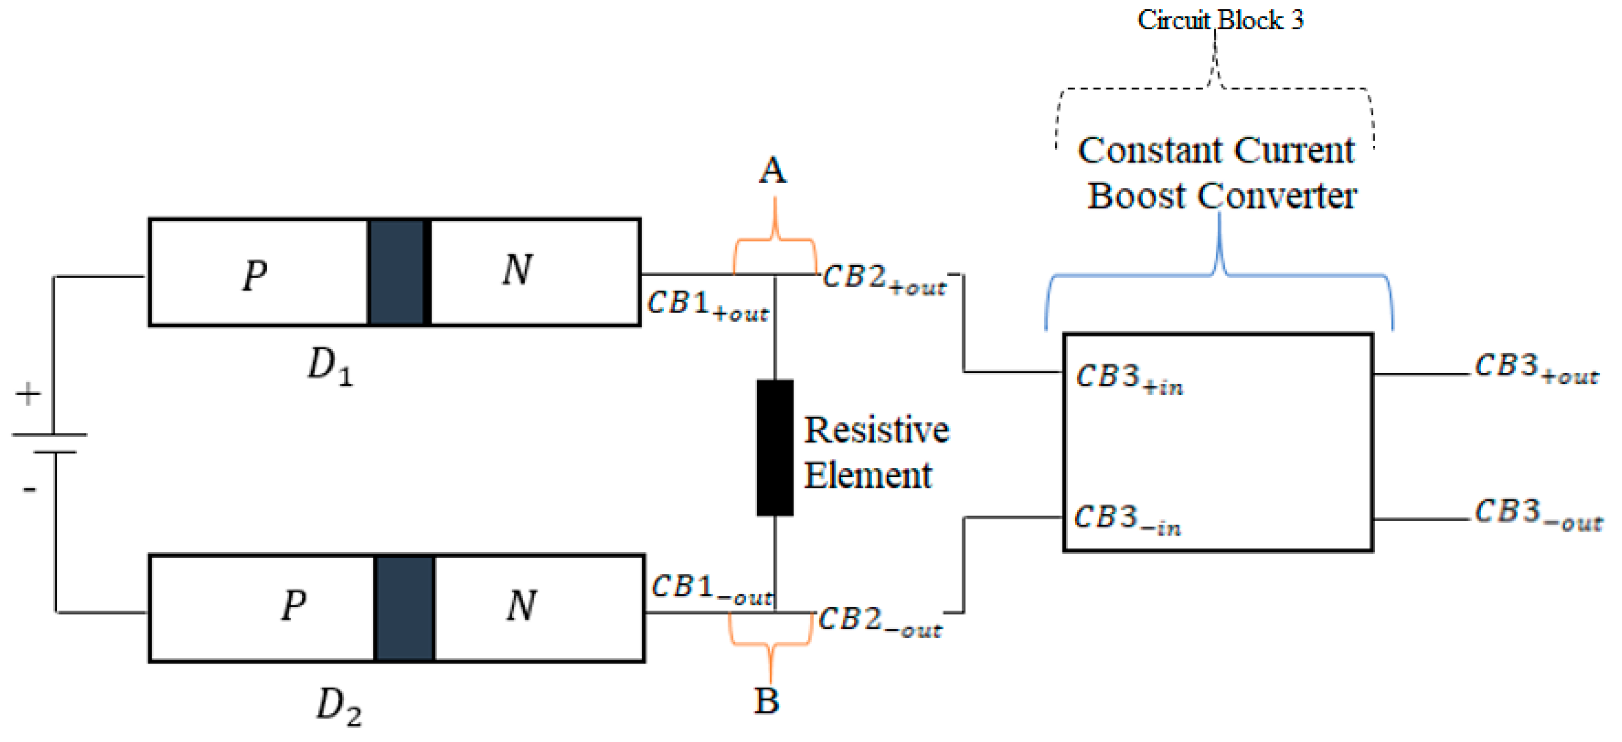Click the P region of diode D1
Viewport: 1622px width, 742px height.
click(x=258, y=272)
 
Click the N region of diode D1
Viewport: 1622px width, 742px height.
click(x=535, y=272)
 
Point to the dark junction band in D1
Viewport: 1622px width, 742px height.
click(x=397, y=272)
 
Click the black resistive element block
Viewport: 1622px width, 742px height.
click(x=774, y=447)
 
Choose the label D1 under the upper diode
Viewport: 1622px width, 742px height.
click(x=330, y=367)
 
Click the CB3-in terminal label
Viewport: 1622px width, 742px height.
click(x=1127, y=520)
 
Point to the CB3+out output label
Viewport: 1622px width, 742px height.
click(x=1537, y=368)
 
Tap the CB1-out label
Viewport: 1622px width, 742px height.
click(x=712, y=589)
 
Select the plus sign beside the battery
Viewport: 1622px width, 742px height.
click(x=28, y=395)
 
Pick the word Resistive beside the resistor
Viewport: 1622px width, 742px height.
click(x=877, y=430)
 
